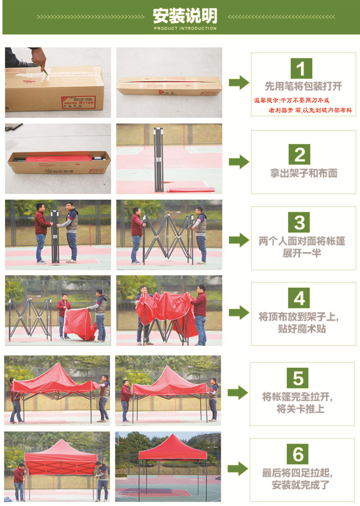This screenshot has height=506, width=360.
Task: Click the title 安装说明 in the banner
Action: [185, 16]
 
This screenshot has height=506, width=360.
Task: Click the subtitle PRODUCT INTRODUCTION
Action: [185, 28]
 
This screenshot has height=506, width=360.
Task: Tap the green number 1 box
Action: [301, 69]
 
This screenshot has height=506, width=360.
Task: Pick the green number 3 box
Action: [299, 222]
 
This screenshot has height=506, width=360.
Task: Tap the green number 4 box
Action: [299, 298]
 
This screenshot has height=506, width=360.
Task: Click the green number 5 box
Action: [297, 378]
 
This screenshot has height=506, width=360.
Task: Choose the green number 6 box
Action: [297, 454]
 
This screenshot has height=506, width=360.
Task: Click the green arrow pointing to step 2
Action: [239, 162]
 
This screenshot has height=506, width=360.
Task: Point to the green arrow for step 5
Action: [237, 392]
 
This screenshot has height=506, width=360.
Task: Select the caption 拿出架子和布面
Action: [303, 173]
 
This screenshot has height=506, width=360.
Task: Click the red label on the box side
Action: [78, 102]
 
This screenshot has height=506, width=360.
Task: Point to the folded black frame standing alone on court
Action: [158, 159]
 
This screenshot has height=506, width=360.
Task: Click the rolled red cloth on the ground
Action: [190, 189]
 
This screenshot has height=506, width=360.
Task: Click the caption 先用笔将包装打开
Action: [303, 86]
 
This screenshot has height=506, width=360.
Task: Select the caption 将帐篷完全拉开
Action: [297, 397]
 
